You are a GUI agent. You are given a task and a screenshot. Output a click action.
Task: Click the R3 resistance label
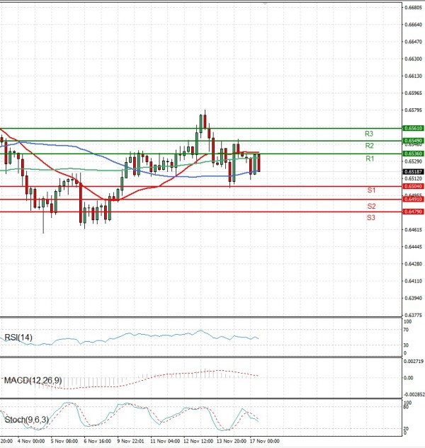tap(369, 134)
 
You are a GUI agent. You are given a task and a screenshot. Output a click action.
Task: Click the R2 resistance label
tap(369, 146)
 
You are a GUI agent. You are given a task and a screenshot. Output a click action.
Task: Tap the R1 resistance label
tap(369, 159)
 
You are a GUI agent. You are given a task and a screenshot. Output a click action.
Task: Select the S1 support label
tap(371, 191)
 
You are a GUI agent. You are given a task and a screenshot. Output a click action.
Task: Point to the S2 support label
tap(371, 206)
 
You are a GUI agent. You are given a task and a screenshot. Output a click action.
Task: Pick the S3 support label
tap(371, 218)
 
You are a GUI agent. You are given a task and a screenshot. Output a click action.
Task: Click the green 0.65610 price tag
tap(413, 129)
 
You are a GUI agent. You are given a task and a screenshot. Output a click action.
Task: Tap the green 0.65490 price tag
tap(413, 142)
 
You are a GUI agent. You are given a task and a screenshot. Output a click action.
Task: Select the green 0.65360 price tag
tap(413, 154)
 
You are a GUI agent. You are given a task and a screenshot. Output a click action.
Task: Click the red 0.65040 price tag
tap(413, 186)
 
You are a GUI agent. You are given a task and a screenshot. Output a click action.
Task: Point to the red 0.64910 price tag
tap(413, 200)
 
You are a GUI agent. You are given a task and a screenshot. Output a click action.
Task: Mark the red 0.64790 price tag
tap(413, 212)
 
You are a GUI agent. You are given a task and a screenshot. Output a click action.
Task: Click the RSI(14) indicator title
tap(18, 337)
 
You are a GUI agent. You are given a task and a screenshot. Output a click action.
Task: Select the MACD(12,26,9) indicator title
tap(33, 381)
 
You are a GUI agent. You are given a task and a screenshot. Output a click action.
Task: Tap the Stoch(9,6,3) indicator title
tap(27, 420)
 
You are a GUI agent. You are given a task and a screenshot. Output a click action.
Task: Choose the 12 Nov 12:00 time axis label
tap(198, 440)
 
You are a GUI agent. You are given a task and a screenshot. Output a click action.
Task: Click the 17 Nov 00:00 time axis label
tap(268, 440)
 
